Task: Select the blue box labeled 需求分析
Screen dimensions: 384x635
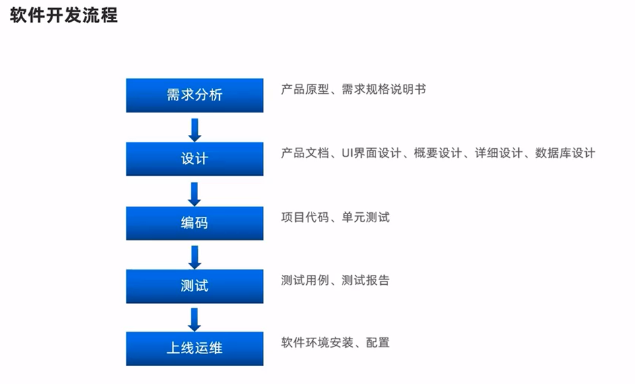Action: pyautogui.click(x=194, y=95)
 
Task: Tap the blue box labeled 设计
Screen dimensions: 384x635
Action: pyautogui.click(x=194, y=159)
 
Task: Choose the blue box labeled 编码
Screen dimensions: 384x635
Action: pyautogui.click(x=194, y=223)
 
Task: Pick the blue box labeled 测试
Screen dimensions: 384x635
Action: pyautogui.click(x=194, y=286)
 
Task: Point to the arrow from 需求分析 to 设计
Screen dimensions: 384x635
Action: pyautogui.click(x=194, y=130)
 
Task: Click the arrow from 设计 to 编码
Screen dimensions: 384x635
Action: pyautogui.click(x=194, y=194)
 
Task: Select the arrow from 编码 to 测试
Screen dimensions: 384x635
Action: pyautogui.click(x=194, y=257)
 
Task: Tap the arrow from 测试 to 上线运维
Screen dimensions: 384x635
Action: pyautogui.click(x=194, y=319)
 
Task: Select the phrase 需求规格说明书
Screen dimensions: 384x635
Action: pyautogui.click(x=384, y=89)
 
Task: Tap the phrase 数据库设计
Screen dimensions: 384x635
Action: pyautogui.click(x=565, y=153)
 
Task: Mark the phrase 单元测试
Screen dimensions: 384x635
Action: pyautogui.click(x=366, y=217)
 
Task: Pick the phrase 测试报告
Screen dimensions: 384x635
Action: pyautogui.click(x=366, y=280)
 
